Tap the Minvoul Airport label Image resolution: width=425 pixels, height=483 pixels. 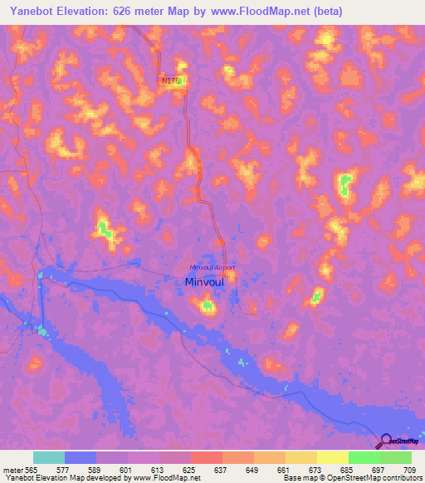point(212,267)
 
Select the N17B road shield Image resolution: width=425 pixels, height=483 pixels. point(170,80)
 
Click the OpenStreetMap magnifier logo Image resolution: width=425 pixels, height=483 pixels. point(385,442)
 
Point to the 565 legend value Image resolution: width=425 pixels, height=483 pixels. point(31,469)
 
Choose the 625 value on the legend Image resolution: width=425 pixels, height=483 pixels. point(190,469)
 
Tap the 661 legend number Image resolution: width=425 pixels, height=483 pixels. point(285,469)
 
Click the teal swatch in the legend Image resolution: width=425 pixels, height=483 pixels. point(49,457)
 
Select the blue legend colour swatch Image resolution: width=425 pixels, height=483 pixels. point(81,457)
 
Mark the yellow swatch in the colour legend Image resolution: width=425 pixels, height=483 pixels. point(332,457)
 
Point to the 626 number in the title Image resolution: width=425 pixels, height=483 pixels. point(126,11)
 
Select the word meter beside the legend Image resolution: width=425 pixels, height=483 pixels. point(12,469)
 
